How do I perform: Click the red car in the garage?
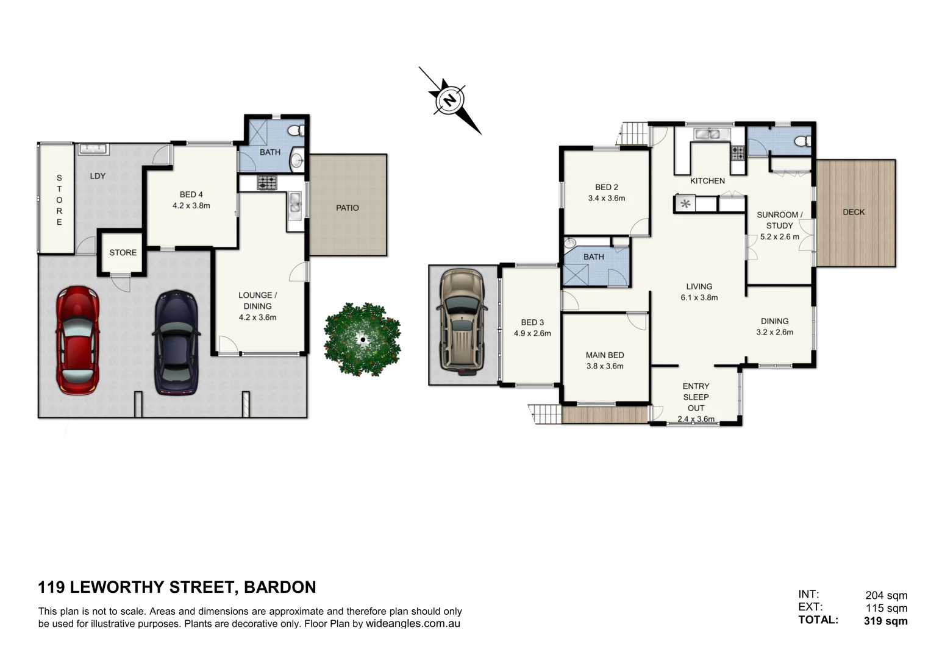click(x=77, y=341)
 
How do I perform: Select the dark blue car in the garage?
click(x=176, y=342)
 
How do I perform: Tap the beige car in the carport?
click(x=462, y=320)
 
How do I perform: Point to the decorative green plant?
click(x=362, y=339)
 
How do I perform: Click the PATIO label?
click(x=348, y=208)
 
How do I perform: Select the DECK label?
click(x=854, y=212)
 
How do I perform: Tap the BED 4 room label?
click(x=191, y=194)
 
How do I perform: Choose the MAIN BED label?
click(x=604, y=355)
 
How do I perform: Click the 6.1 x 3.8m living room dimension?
click(x=699, y=298)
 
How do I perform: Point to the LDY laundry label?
click(x=98, y=176)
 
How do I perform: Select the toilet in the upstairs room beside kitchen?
click(x=804, y=141)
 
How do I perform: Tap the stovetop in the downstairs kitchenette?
click(x=266, y=182)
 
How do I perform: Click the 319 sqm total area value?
click(x=885, y=621)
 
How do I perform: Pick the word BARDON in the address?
click(x=280, y=587)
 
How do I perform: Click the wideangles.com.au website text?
click(x=413, y=624)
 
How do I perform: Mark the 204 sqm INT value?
click(x=886, y=595)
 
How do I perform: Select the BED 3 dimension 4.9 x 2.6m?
click(x=532, y=333)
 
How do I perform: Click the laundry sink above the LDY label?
click(x=93, y=149)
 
